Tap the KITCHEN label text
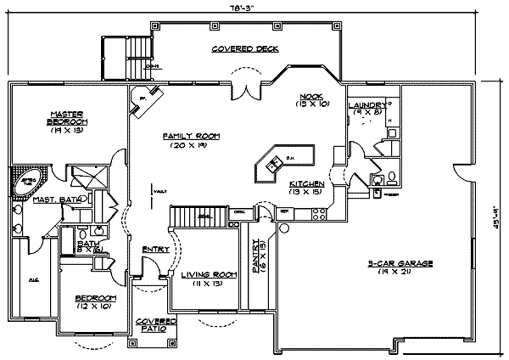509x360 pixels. [x=305, y=183]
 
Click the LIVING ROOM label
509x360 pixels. [x=201, y=275]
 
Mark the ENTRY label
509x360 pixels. [x=154, y=249]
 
